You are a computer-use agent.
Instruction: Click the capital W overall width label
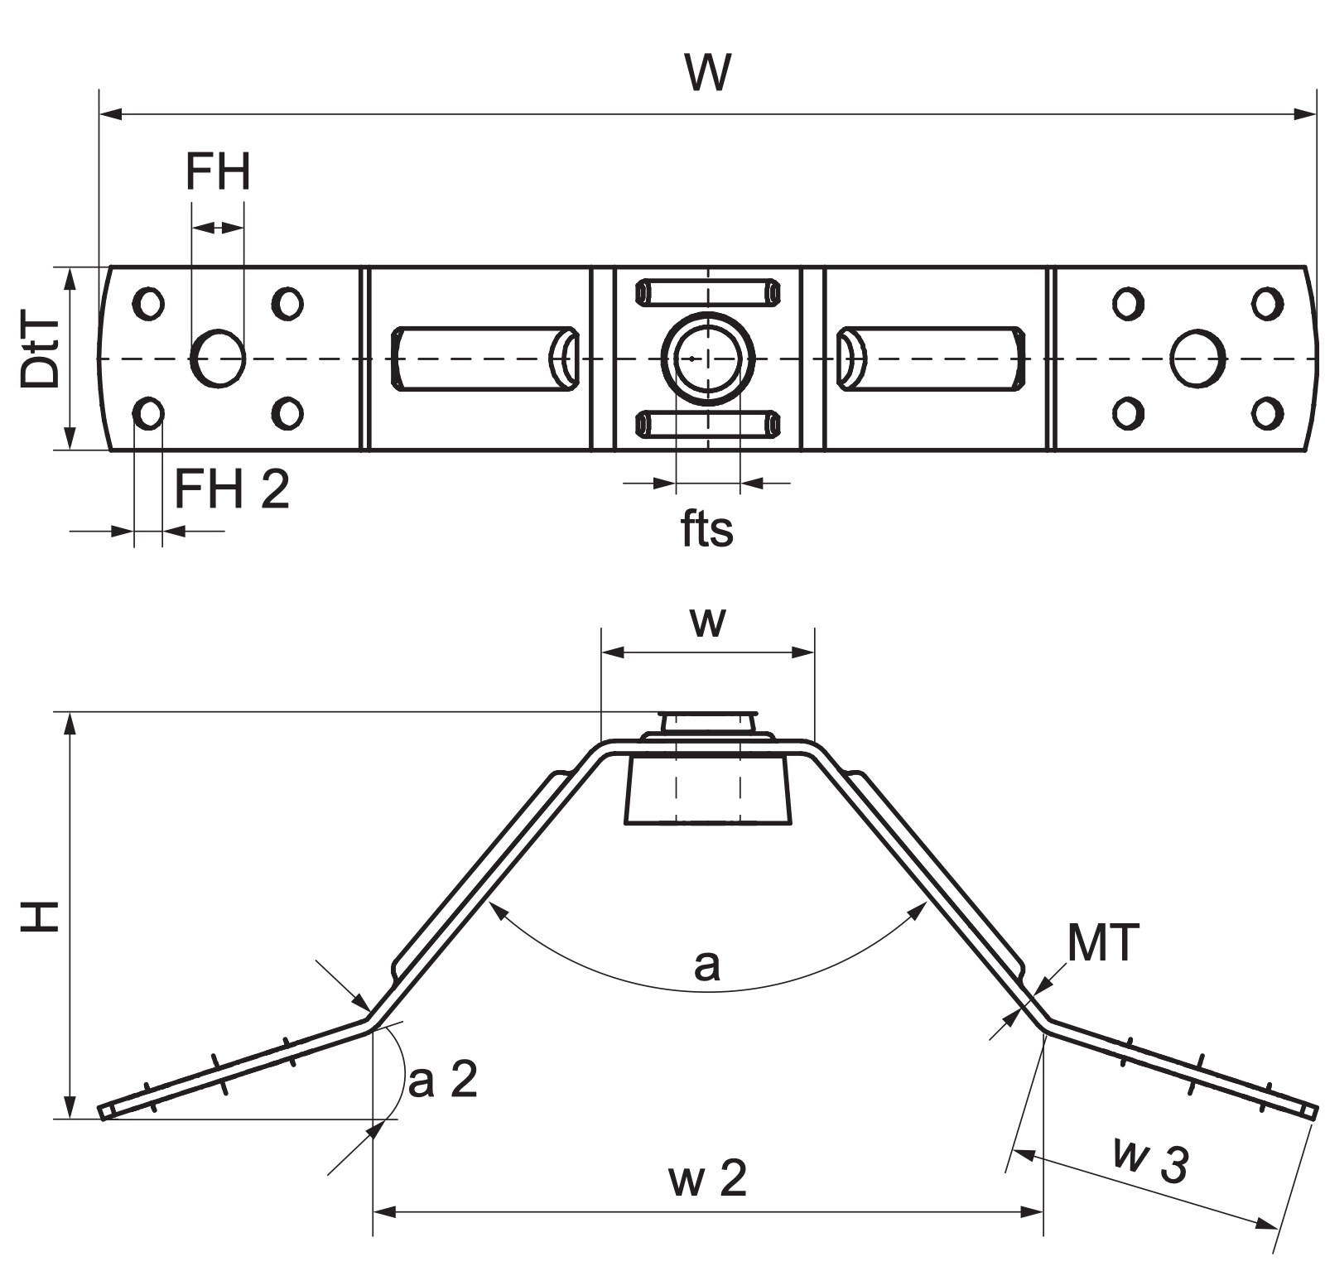pos(709,72)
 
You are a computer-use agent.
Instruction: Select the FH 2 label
pos(232,489)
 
